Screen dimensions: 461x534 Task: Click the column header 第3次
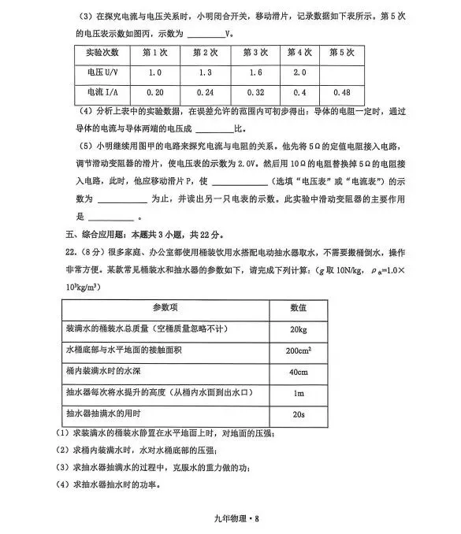tap(253, 53)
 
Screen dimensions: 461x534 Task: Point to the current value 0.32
tap(253, 92)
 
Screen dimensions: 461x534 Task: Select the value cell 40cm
tap(298, 371)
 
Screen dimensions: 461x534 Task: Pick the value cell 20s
tap(298, 413)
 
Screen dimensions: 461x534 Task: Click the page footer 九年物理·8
tap(230, 517)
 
